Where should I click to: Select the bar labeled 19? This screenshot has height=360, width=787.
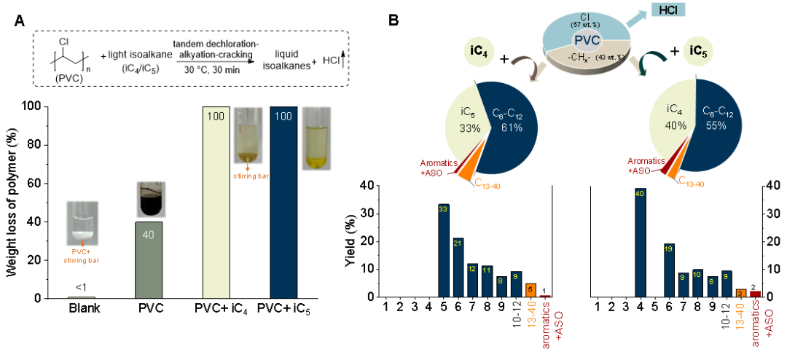point(670,270)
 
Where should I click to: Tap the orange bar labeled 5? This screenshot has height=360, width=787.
point(530,290)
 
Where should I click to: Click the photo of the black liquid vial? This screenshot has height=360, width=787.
point(152,199)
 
